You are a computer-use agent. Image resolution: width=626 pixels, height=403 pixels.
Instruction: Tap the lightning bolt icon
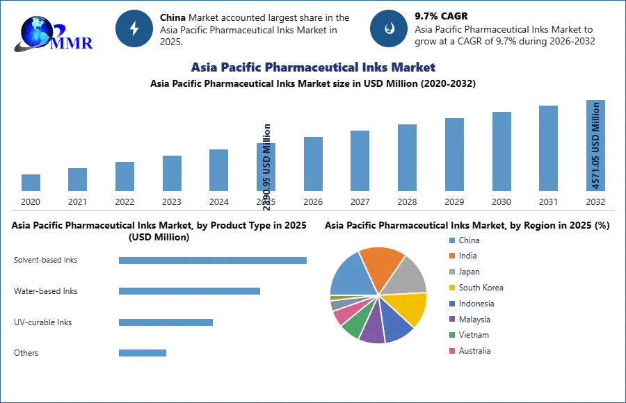tap(134, 28)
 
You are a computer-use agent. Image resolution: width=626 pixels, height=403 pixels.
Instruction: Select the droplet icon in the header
tap(389, 28)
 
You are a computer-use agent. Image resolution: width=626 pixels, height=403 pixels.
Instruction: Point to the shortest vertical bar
tap(30, 183)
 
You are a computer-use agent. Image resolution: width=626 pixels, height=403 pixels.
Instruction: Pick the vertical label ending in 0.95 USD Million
tap(267, 167)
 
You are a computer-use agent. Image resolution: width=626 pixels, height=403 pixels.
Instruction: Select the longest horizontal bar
tap(214, 261)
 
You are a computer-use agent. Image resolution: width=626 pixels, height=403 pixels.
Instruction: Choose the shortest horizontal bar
tap(142, 353)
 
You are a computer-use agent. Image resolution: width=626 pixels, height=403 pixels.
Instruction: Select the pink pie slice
tap(343, 316)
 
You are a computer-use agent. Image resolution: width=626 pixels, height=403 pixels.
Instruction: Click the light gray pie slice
tap(406, 275)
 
